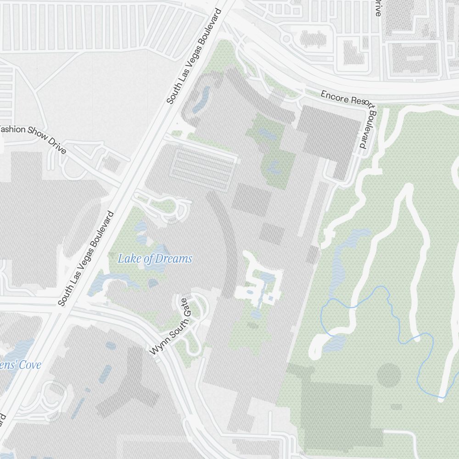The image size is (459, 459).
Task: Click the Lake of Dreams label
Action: [155, 259]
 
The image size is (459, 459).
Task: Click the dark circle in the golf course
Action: [389, 375]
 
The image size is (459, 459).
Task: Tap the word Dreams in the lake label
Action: [174, 259]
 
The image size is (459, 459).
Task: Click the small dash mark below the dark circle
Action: [396, 407]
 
